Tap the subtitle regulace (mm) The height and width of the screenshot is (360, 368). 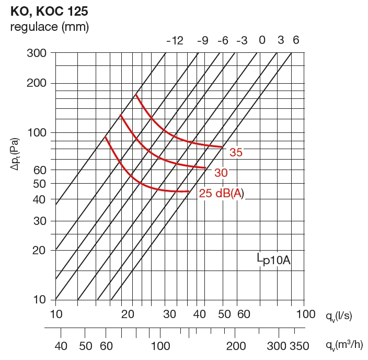(50, 27)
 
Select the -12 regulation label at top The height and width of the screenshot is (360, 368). (175, 41)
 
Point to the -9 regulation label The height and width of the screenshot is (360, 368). (202, 41)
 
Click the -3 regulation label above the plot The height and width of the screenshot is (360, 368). (241, 41)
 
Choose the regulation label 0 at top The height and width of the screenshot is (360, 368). (262, 41)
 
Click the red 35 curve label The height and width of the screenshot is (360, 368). (236, 153)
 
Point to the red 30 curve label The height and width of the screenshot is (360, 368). (220, 173)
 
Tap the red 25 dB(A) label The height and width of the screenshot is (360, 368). (222, 194)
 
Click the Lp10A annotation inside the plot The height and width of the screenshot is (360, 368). (273, 260)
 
